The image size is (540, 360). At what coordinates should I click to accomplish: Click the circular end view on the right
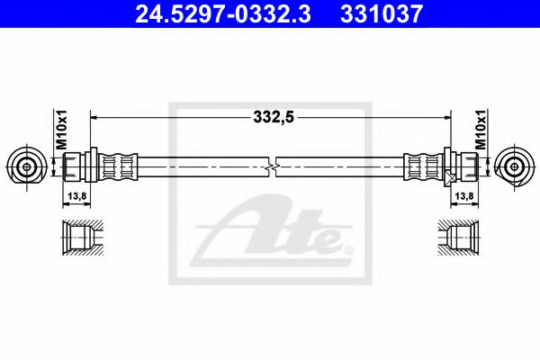click(x=516, y=166)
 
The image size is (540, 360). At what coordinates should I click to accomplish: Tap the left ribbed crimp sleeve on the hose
click(x=117, y=166)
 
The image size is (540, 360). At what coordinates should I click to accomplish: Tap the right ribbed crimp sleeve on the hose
click(x=422, y=166)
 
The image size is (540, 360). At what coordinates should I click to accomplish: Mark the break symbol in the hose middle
click(x=272, y=166)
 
